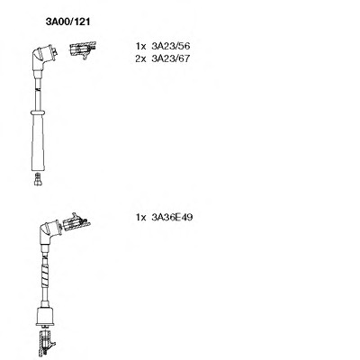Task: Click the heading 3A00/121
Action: coord(67,22)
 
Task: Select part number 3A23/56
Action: coord(171,46)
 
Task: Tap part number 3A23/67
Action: coord(171,58)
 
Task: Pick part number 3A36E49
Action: coord(172,217)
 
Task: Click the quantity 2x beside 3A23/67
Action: coord(140,58)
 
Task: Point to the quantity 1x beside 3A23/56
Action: coord(140,46)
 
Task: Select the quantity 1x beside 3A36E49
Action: coord(140,217)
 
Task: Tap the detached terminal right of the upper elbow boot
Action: coord(82,49)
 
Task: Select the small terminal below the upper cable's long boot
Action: coord(38,179)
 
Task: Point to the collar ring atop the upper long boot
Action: coord(38,112)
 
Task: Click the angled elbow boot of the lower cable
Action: coord(49,232)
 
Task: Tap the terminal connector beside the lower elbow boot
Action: coord(75,222)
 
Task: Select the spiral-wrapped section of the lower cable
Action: coord(45,274)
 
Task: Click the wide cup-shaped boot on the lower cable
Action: coord(45,317)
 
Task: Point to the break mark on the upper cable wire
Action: coord(38,89)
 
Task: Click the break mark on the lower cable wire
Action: coord(45,257)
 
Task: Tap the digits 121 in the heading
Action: coord(82,22)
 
